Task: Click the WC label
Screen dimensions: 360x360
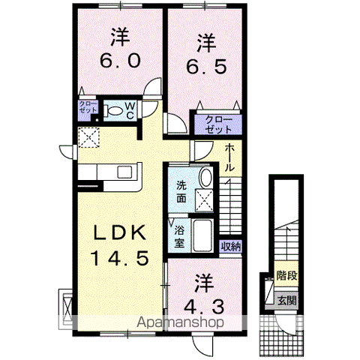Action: point(130,111)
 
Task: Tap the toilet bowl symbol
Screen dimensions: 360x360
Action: point(113,111)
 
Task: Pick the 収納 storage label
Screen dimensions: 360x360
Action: point(230,246)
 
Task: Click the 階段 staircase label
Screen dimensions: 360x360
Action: point(286,275)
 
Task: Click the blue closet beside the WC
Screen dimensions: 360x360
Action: point(88,106)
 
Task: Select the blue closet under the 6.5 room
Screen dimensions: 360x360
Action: point(215,124)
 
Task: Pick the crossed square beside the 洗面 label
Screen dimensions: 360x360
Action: point(205,199)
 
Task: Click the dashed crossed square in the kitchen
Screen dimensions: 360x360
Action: point(88,137)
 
